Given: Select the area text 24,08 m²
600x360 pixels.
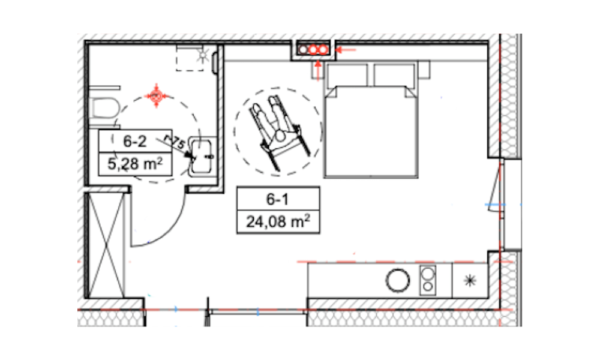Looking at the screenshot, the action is click(x=278, y=221).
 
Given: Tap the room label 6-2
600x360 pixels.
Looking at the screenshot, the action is click(x=134, y=141).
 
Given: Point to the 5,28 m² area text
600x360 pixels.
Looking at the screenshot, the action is click(x=134, y=164).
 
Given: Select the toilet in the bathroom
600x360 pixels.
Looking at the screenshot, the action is click(x=104, y=109).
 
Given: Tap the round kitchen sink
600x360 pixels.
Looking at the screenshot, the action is click(x=398, y=280).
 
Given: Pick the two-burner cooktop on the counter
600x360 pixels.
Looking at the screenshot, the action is click(x=427, y=280).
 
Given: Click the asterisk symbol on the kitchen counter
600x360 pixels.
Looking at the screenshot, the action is click(x=470, y=281).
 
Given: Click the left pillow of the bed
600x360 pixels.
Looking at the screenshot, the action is click(x=347, y=76).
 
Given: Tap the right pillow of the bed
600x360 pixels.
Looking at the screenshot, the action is click(x=394, y=76).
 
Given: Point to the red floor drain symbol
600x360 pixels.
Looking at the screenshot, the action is click(x=156, y=95).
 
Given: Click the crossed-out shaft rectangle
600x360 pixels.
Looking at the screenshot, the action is click(x=106, y=245).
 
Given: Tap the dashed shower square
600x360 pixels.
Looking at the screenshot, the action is click(x=190, y=58).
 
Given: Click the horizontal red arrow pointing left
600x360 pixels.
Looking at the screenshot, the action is click(x=346, y=49).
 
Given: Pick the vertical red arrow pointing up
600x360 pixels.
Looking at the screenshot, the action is click(x=317, y=71).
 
